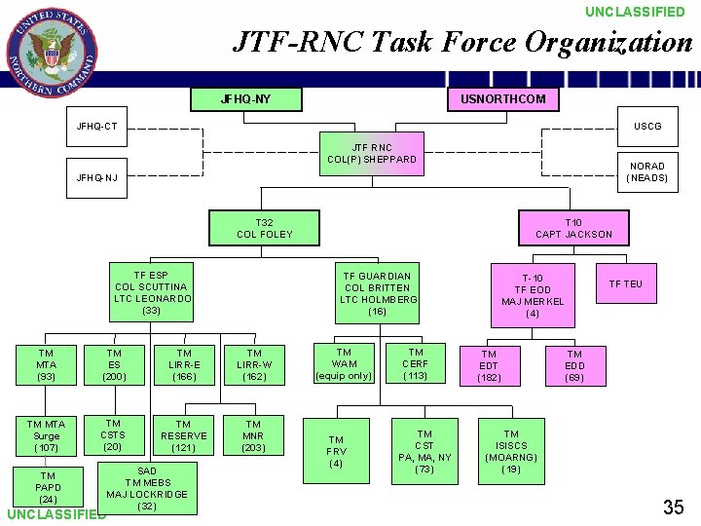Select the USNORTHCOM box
tap(503, 98)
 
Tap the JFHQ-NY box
tap(246, 99)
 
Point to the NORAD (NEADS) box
tap(646, 171)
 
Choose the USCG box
tap(646, 126)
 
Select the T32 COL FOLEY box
tap(265, 229)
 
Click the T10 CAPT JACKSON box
tap(573, 228)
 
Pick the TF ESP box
tap(152, 292)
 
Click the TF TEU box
tap(625, 284)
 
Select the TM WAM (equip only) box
tap(344, 364)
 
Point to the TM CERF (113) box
tap(416, 364)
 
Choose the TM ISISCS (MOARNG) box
tap(511, 451)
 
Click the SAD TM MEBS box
tap(147, 487)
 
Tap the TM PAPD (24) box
tap(48, 487)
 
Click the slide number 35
tap(673, 507)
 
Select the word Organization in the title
tap(608, 42)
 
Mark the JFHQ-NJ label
tap(97, 177)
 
